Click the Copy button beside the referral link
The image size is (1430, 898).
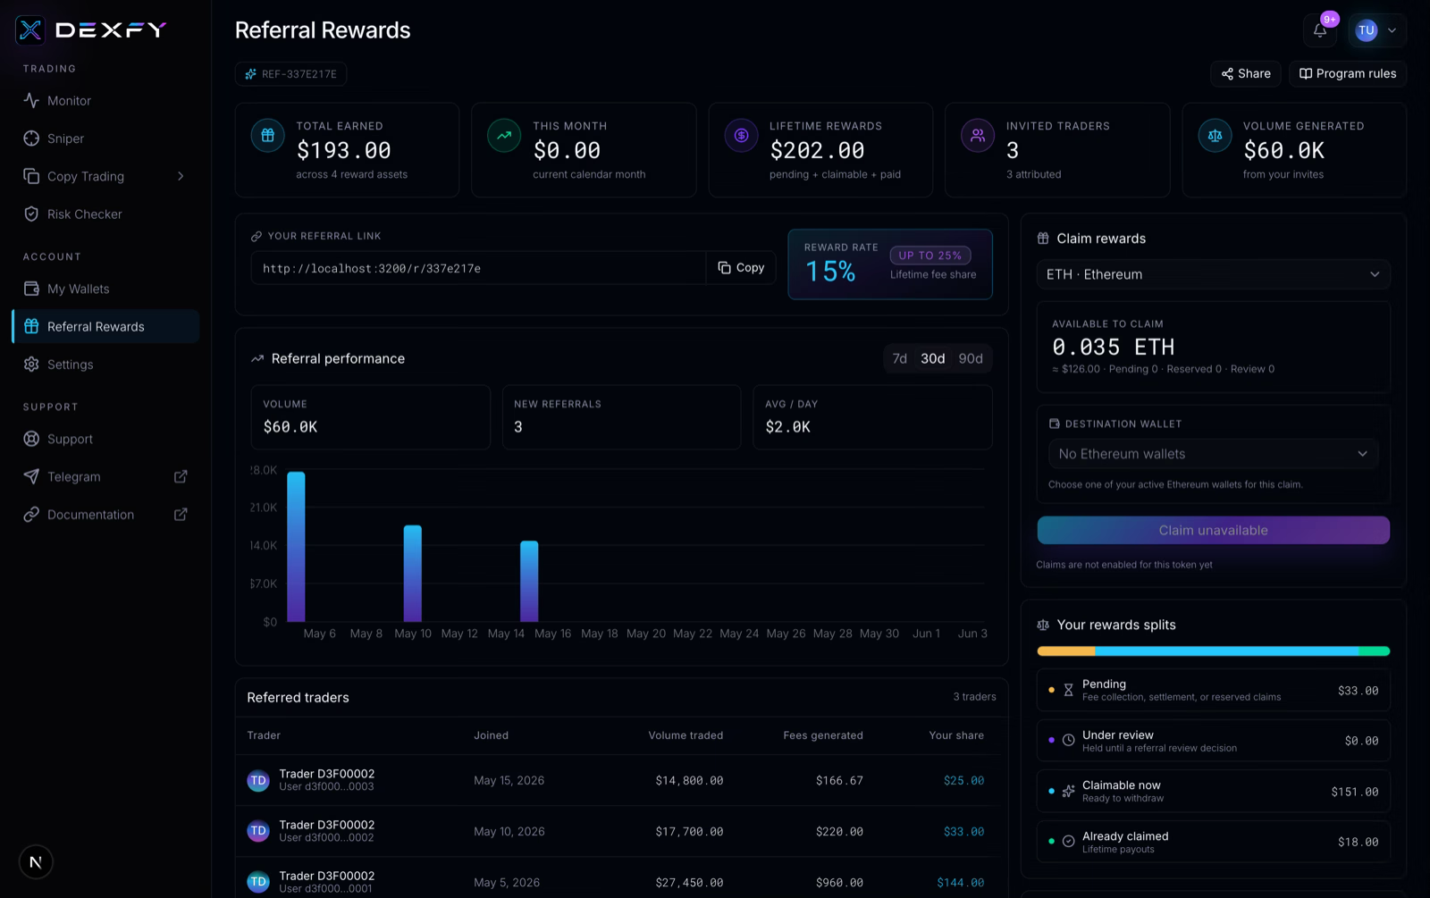pyautogui.click(x=741, y=268)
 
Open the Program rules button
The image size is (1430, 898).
pyautogui.click(x=1348, y=74)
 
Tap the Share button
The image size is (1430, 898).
pyautogui.click(x=1246, y=74)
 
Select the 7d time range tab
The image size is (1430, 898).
pyautogui.click(x=899, y=358)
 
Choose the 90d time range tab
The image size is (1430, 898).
pyautogui.click(x=971, y=358)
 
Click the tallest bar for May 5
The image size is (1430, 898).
pyautogui.click(x=296, y=546)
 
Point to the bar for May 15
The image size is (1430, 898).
pyautogui.click(x=529, y=582)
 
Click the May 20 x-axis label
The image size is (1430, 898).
pyautogui.click(x=645, y=634)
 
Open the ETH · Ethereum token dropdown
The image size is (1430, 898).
pyautogui.click(x=1213, y=274)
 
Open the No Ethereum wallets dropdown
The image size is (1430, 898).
pyautogui.click(x=1213, y=454)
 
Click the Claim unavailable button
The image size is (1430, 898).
pyautogui.click(x=1213, y=531)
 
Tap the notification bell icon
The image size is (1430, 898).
pyautogui.click(x=1319, y=30)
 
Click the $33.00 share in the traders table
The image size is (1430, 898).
pyautogui.click(x=963, y=832)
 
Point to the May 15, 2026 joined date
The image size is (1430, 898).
pyautogui.click(x=509, y=781)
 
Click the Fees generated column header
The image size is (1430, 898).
pyautogui.click(x=823, y=735)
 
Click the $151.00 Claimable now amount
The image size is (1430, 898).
pyautogui.click(x=1355, y=792)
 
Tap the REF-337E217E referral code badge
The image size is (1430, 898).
pyautogui.click(x=290, y=74)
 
